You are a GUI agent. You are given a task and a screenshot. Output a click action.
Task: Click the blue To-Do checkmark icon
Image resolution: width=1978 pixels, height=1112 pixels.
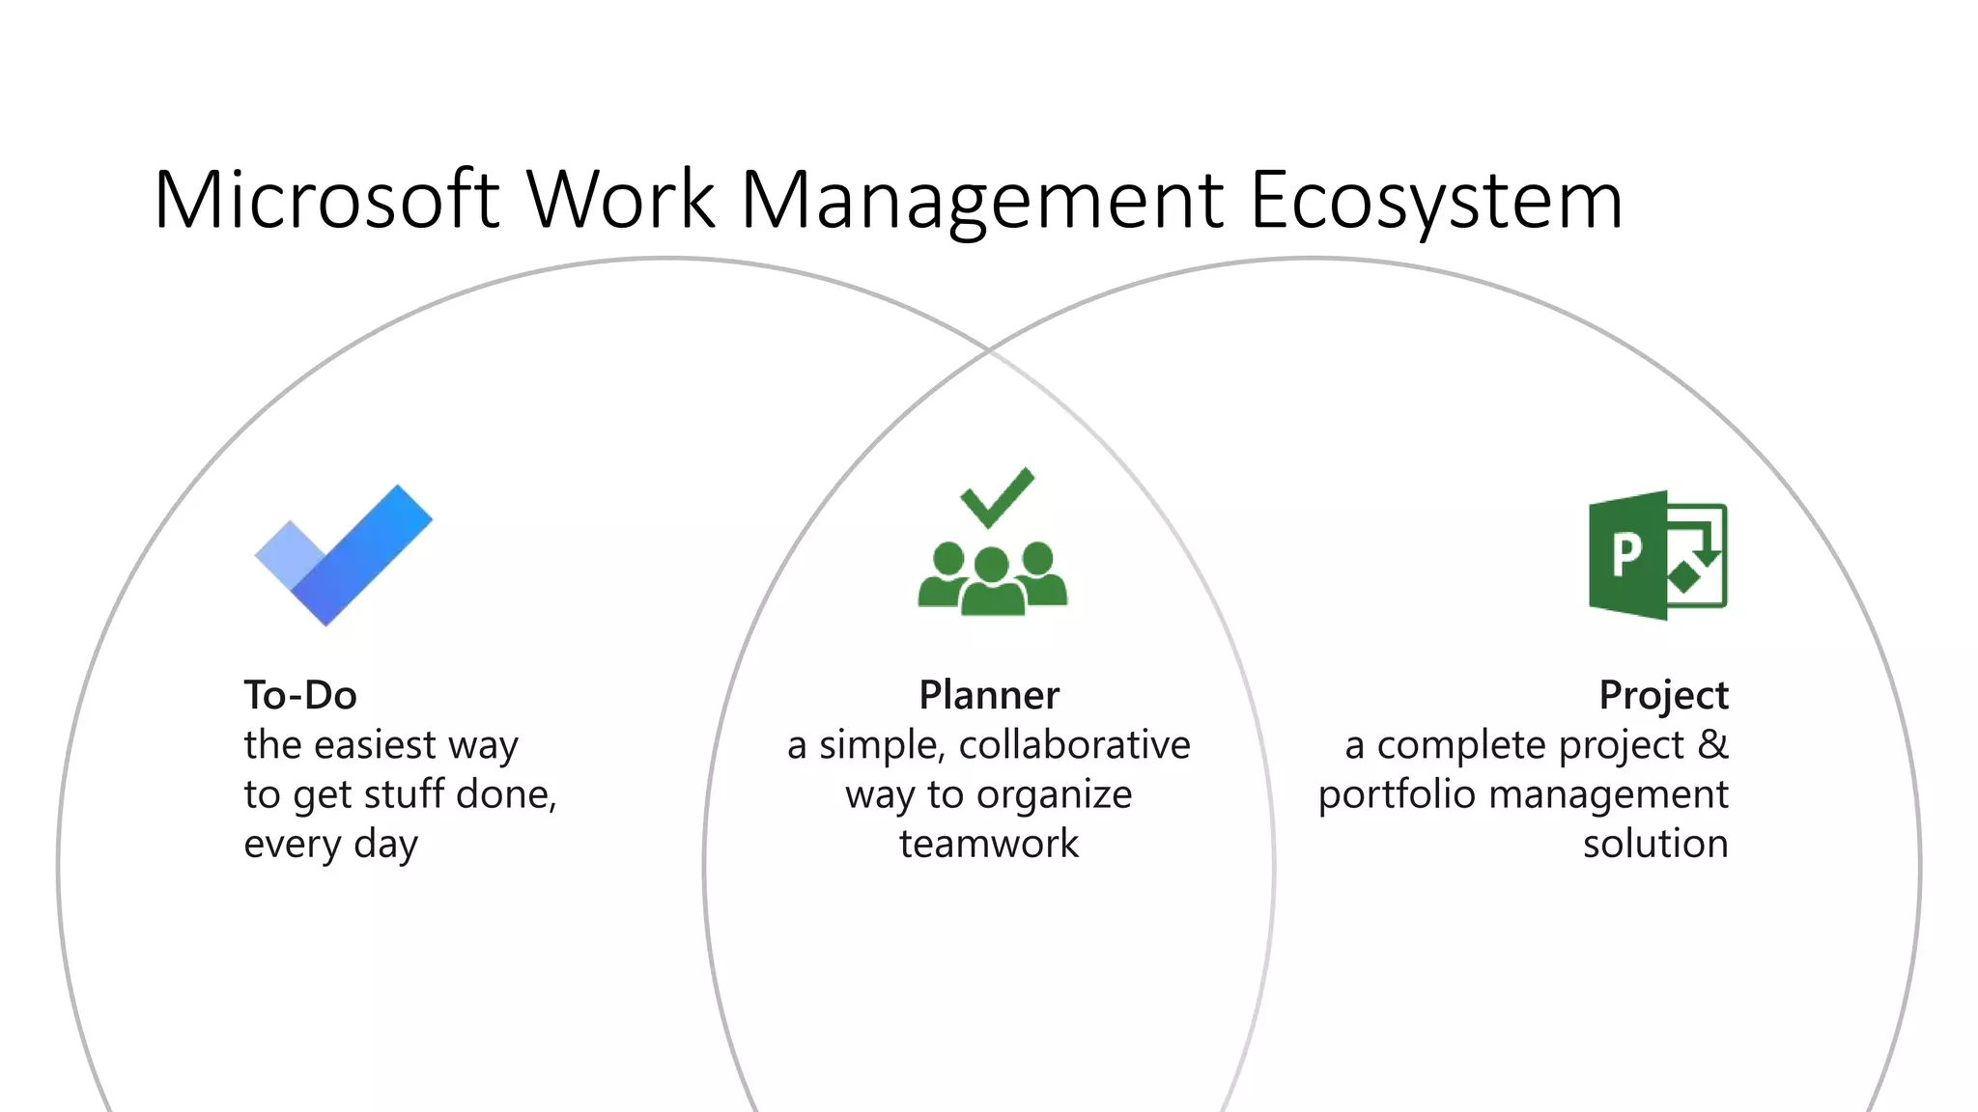coord(343,555)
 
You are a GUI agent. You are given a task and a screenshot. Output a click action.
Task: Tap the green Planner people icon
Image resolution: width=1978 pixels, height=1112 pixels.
coord(992,577)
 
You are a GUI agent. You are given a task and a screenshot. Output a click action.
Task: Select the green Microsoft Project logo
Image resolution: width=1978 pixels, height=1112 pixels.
coord(1657,555)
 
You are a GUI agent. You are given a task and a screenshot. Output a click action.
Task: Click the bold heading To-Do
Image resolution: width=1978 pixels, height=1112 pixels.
coord(300,695)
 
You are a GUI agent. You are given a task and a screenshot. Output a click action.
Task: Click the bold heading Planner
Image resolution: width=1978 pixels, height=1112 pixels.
coord(989,695)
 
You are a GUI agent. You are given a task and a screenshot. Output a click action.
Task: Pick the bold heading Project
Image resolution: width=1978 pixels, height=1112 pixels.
coord(1663,695)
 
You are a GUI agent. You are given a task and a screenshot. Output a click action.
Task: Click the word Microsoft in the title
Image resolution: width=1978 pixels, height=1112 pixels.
coord(326,201)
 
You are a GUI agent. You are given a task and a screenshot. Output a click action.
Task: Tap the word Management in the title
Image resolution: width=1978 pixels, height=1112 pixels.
coord(982,201)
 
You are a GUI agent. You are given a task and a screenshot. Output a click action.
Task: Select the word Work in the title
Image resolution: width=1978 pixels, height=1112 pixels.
coord(621,201)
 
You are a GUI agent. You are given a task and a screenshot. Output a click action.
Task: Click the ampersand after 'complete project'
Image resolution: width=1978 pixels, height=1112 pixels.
coord(1712,744)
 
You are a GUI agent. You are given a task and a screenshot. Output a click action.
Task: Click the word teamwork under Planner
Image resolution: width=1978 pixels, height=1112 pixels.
coord(989,844)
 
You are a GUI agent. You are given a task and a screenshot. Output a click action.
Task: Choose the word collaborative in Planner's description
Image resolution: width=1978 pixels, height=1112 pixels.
coord(1074,744)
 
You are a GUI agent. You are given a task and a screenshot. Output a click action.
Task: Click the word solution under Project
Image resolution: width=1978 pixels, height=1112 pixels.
coord(1655,844)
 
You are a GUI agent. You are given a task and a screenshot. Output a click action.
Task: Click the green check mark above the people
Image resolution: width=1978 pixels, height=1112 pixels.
coord(997,497)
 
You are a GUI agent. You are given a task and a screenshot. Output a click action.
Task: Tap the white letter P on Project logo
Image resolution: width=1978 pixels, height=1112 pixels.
coord(1626,554)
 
